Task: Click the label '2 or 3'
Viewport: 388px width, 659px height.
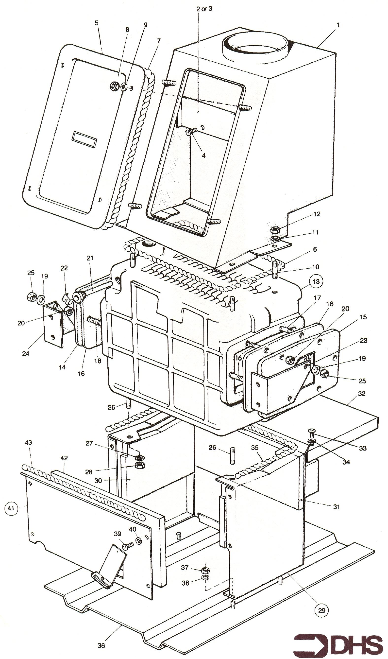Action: point(204,9)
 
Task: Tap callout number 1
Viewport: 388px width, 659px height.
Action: point(338,25)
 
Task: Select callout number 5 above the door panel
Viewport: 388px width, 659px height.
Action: point(97,23)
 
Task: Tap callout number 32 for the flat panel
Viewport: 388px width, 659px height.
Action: point(362,394)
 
